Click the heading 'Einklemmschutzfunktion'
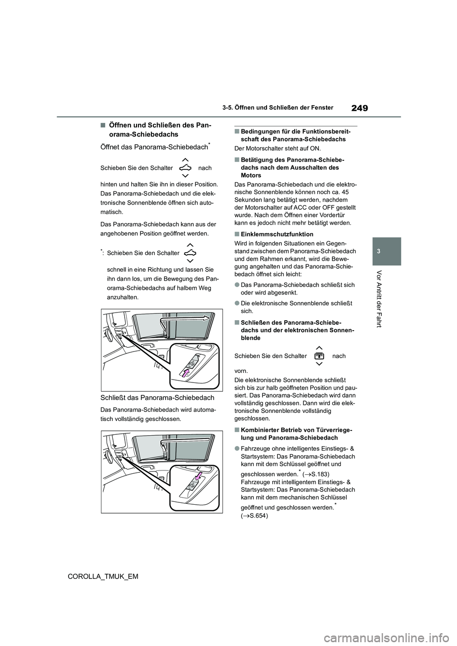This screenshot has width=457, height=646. click(277, 234)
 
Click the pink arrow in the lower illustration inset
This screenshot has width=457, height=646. click(199, 475)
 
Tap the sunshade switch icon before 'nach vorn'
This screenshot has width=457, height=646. click(319, 356)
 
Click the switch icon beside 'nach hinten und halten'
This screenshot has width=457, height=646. click(185, 168)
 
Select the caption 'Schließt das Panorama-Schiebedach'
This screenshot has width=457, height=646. click(158, 398)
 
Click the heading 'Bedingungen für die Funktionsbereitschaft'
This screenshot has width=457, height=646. click(295, 135)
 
